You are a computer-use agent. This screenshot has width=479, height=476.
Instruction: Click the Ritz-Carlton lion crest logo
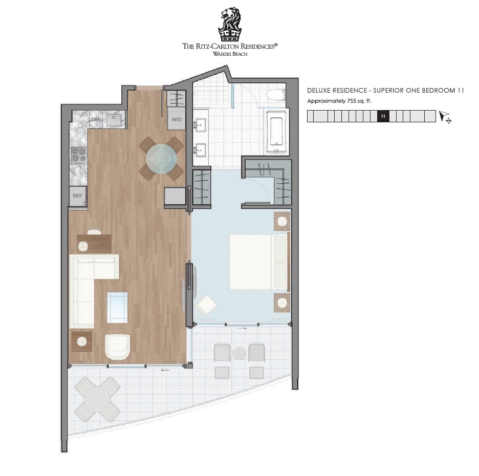coord(230,25)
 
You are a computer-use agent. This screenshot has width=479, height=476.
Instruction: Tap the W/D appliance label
coord(177,119)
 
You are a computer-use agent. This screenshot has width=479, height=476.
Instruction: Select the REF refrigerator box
coord(78,196)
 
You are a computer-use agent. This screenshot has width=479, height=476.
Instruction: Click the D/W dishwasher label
coord(95,119)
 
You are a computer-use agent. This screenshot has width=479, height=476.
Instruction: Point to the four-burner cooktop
coord(79,156)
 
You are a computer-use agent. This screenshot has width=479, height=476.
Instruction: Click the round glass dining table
coord(161,159)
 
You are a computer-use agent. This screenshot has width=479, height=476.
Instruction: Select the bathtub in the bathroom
coord(277,132)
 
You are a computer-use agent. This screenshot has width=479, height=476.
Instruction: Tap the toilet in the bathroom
coord(276,95)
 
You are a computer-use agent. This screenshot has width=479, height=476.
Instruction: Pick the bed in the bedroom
coord(259,262)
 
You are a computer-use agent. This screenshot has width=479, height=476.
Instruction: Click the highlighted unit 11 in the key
coord(383,116)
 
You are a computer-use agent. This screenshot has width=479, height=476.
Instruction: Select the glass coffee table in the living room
coord(117,308)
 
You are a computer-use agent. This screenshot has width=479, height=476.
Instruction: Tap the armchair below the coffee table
coord(117,347)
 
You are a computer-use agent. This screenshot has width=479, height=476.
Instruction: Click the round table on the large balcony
coord(97,399)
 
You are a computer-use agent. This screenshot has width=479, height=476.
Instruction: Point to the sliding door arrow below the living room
coord(165,370)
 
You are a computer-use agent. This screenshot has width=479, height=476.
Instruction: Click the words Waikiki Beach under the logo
coord(230,54)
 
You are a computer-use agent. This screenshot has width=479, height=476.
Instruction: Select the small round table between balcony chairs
coord(239,354)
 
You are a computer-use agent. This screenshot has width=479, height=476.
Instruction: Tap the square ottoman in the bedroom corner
coord(206,305)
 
